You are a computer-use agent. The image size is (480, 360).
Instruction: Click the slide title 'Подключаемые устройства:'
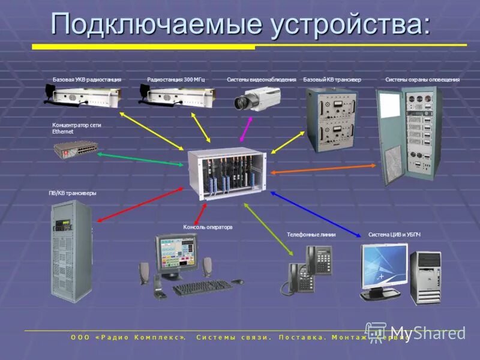tap(241, 25)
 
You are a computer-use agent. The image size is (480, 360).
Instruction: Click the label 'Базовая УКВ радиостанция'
tap(87, 80)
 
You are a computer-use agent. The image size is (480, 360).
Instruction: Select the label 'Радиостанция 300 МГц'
tap(176, 80)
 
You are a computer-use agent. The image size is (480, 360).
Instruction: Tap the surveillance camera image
tap(256, 98)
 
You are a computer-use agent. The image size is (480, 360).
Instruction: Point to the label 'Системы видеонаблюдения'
tap(262, 80)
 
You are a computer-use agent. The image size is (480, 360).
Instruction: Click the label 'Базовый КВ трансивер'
tap(332, 80)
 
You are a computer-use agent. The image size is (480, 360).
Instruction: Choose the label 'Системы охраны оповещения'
tap(422, 80)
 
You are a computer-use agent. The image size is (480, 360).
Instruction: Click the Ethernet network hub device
tap(76, 148)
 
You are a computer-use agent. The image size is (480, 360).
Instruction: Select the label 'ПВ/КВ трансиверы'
tap(73, 193)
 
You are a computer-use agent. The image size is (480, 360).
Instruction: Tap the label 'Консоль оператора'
tap(208, 227)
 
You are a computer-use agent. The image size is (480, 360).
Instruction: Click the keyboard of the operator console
tap(202, 287)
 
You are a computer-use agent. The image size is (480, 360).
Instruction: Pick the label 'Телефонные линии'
tap(311, 235)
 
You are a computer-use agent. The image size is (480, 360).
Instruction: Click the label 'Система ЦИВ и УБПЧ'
tap(395, 235)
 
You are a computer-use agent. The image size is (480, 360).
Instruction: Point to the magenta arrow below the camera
tap(245, 130)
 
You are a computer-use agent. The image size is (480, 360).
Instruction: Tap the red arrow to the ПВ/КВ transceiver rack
tap(140, 205)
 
